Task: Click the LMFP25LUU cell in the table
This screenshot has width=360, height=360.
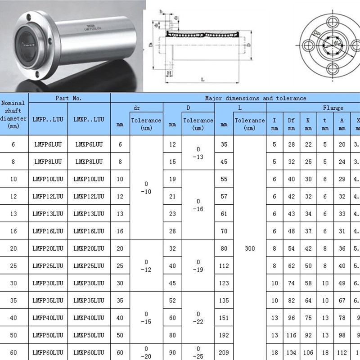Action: (x=48, y=265)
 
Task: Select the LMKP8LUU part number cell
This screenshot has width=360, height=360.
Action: (x=89, y=162)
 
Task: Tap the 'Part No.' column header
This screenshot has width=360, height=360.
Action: (x=69, y=98)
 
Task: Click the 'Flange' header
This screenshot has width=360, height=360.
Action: (x=333, y=108)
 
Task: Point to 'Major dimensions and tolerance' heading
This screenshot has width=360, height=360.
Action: (x=255, y=98)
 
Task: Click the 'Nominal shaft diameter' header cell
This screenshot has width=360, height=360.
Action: (x=13, y=114)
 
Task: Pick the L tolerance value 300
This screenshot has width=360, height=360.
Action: (x=250, y=248)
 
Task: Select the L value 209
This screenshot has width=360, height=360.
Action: (x=224, y=352)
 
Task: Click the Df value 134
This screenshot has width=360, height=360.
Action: (x=292, y=352)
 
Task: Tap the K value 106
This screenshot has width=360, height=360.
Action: (x=308, y=352)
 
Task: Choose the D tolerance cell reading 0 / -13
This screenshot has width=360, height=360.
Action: (x=198, y=153)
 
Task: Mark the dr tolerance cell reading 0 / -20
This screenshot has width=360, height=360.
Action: (x=146, y=352)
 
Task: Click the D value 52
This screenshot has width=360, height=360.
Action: (x=172, y=300)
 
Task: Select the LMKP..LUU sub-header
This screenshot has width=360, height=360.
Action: (x=89, y=119)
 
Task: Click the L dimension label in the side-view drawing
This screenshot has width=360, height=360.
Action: (x=203, y=80)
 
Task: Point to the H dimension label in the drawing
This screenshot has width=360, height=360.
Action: (x=169, y=72)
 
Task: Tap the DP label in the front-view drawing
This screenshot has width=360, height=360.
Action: (x=317, y=34)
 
